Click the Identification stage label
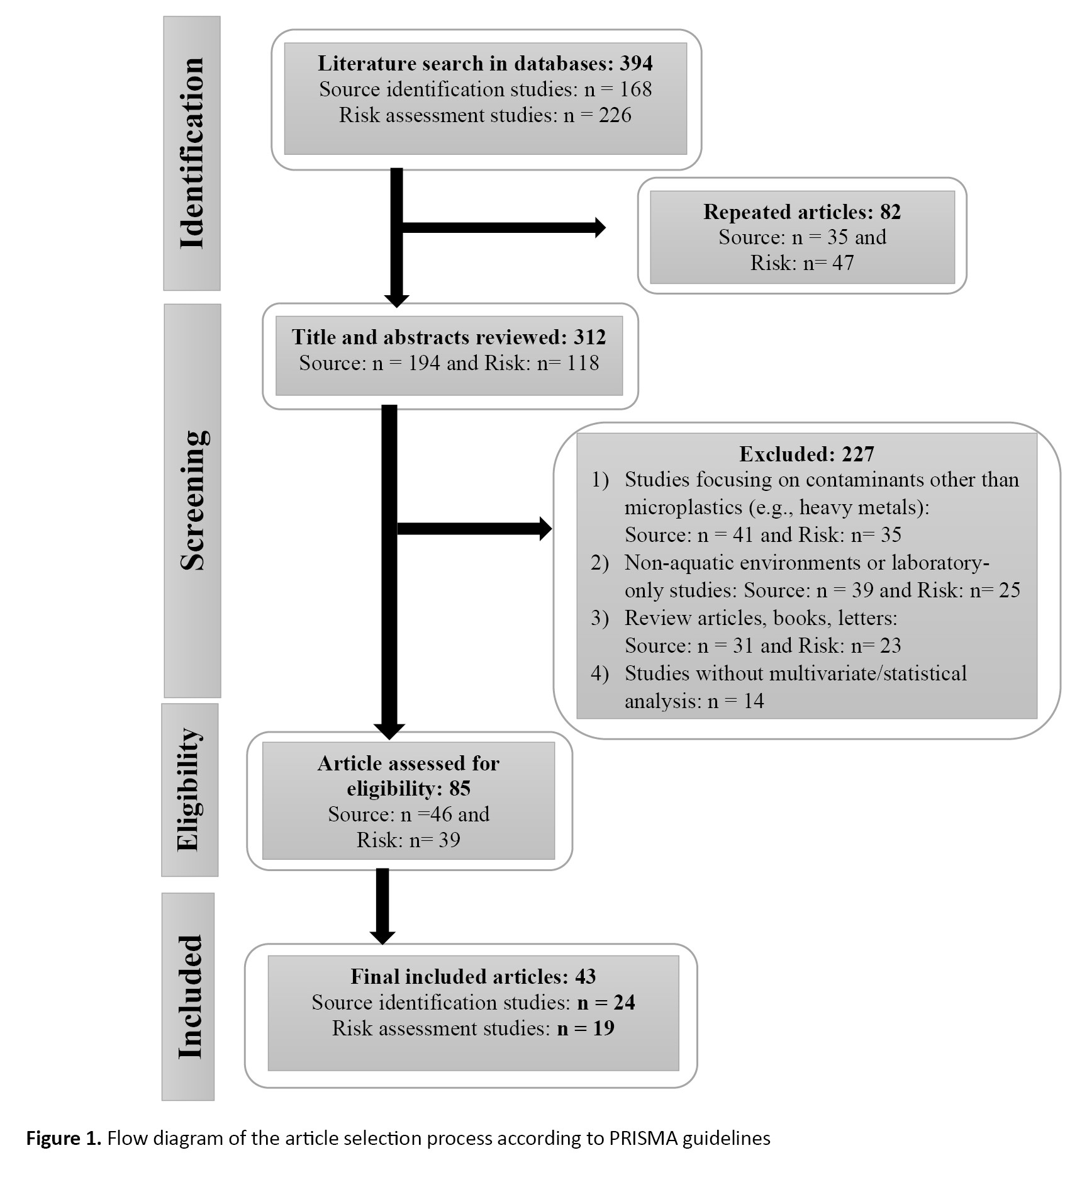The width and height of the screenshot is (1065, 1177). click(x=192, y=153)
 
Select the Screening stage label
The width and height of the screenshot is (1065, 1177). click(x=192, y=500)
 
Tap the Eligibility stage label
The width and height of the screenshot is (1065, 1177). click(x=189, y=789)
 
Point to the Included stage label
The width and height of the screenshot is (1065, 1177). click(x=190, y=996)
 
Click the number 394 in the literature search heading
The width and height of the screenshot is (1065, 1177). click(x=636, y=63)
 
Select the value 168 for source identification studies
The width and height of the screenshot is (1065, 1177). click(x=635, y=89)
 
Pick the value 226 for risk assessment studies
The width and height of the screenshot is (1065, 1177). click(x=615, y=115)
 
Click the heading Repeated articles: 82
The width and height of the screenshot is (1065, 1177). click(x=802, y=211)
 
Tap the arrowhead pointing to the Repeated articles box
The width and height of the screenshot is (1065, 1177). click(x=600, y=227)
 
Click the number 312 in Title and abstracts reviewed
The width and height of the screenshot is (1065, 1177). click(x=589, y=337)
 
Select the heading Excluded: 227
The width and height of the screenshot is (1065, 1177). click(x=806, y=454)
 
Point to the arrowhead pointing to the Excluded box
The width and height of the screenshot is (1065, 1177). click(x=545, y=528)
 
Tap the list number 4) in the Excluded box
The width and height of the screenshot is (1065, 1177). click(x=600, y=673)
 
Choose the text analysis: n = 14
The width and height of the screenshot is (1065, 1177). click(x=694, y=701)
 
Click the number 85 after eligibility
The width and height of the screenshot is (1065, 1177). click(x=460, y=788)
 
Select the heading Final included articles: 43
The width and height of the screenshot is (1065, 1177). click(x=473, y=976)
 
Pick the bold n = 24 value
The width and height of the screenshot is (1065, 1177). click(x=606, y=1002)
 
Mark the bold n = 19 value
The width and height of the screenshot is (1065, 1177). click(x=586, y=1028)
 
